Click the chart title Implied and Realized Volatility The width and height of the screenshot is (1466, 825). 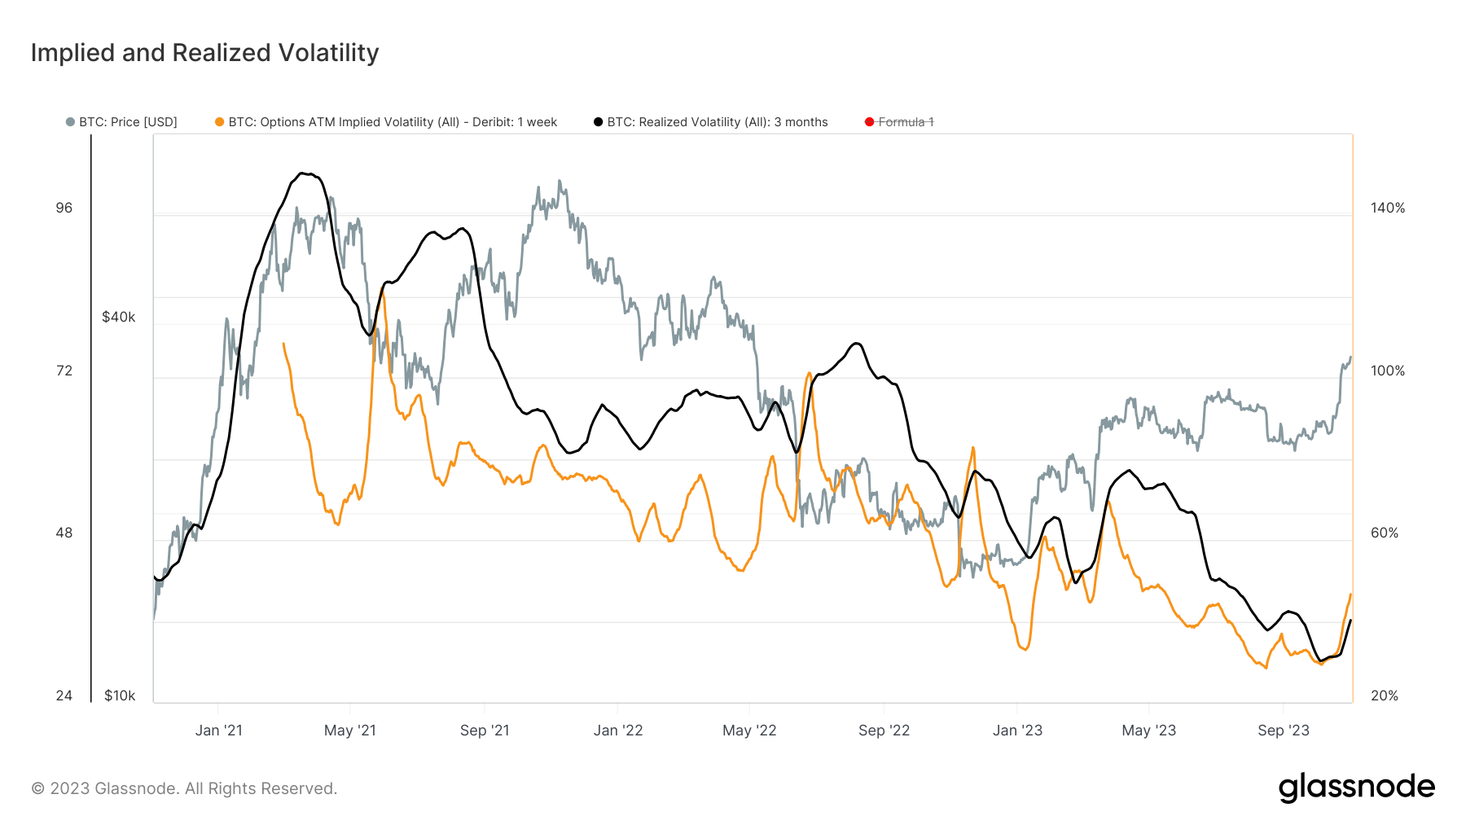click(x=204, y=53)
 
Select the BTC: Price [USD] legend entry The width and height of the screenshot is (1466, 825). click(x=121, y=122)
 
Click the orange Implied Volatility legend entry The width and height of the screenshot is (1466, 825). click(x=386, y=122)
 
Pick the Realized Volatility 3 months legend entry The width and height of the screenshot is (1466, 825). click(x=710, y=122)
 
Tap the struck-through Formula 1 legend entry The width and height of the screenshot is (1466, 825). click(x=899, y=122)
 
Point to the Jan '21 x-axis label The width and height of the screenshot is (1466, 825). click(x=219, y=731)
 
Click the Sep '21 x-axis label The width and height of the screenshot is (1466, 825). click(x=485, y=731)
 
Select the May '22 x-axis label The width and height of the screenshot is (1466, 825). click(x=749, y=731)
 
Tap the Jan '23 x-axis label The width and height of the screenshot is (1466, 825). click(x=1017, y=731)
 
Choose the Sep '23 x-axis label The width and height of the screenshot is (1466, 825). click(x=1284, y=731)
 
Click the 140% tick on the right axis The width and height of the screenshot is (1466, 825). click(x=1388, y=208)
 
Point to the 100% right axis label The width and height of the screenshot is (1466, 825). click(x=1388, y=371)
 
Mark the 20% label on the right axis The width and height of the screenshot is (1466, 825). click(x=1385, y=696)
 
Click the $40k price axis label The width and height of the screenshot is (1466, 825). click(x=119, y=318)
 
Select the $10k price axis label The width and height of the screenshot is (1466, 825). click(x=120, y=696)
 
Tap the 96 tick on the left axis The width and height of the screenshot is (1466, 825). click(x=64, y=208)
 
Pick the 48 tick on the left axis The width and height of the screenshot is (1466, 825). click(x=64, y=533)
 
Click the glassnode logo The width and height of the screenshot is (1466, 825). click(x=1357, y=788)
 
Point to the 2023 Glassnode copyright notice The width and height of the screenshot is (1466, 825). click(x=184, y=788)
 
